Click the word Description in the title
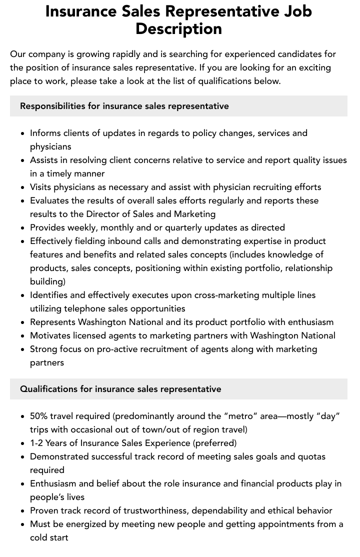click(178, 29)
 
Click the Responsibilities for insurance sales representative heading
click(124, 106)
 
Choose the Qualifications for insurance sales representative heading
click(120, 389)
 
